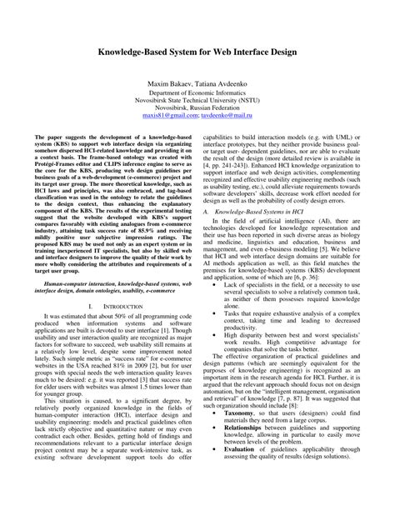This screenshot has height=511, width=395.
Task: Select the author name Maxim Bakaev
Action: point(172,86)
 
